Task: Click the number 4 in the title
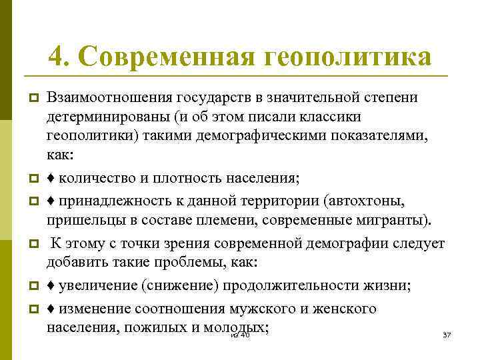[55, 56]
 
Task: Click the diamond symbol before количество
[51, 179]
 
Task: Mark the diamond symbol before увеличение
[51, 287]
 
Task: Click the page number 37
[447, 334]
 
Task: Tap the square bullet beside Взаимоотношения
[31, 99]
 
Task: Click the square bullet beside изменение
[31, 309]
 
